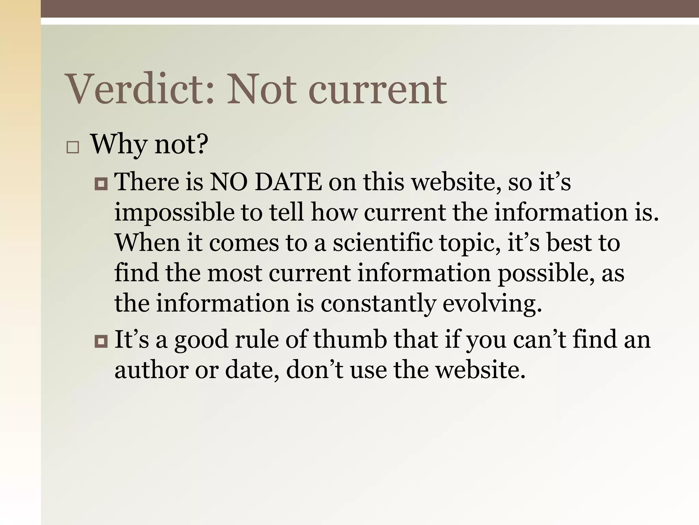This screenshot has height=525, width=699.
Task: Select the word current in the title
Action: click(377, 90)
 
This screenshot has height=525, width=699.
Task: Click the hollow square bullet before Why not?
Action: click(73, 148)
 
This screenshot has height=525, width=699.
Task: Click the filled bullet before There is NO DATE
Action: click(101, 184)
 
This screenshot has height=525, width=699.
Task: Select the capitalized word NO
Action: click(228, 182)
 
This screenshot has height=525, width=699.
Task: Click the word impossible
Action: click(174, 213)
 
